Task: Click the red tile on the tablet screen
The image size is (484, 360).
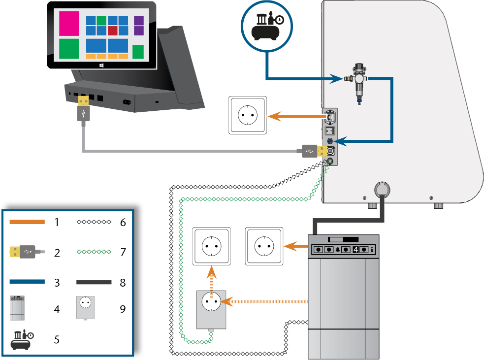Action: point(112,31)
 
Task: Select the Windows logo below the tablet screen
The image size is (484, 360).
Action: point(101,65)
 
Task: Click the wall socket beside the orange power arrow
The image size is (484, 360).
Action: point(248,115)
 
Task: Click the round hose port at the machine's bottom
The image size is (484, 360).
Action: point(383,189)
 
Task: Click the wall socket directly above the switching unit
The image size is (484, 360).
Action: point(211,246)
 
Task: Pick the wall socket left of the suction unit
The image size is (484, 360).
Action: point(265,246)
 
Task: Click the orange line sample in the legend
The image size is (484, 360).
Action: point(27,222)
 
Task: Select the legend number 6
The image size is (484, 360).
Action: point(123,222)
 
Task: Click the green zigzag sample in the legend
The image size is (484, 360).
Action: point(94,252)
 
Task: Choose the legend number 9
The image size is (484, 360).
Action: point(123,309)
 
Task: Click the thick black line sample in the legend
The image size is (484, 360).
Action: point(94,283)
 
